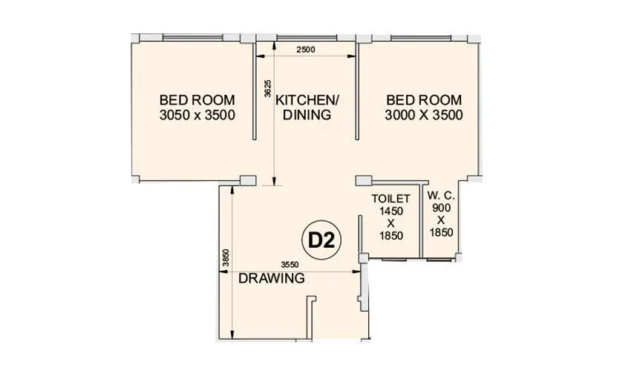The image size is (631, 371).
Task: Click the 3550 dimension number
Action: [x=290, y=265]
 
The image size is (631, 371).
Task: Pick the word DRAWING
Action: [x=271, y=279]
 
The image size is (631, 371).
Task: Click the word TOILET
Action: [x=390, y=199]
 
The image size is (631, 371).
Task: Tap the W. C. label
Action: [x=441, y=196]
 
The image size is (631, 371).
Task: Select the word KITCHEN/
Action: [x=307, y=100]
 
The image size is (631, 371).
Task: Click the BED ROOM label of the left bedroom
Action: [x=197, y=100]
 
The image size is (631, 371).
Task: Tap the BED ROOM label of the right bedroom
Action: [x=424, y=100]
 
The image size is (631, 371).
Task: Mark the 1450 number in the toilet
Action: [x=390, y=211]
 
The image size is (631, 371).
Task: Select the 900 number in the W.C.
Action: [x=441, y=209]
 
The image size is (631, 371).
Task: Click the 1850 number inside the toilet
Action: [x=390, y=237]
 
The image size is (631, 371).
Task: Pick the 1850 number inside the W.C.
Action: [x=441, y=232]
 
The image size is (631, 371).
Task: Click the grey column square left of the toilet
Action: [x=363, y=180]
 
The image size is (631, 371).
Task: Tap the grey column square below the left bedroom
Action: [x=247, y=180]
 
